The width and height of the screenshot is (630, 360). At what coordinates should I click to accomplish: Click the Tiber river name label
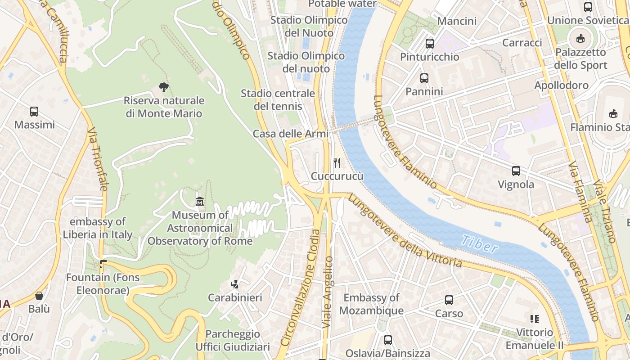click(x=480, y=243)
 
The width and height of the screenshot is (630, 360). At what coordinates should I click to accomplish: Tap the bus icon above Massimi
click(x=34, y=112)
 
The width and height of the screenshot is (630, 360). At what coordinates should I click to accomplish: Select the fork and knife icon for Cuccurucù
click(x=337, y=162)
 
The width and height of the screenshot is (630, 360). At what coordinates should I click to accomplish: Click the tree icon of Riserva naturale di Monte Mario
click(x=164, y=87)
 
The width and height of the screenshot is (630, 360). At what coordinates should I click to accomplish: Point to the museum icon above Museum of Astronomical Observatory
click(x=200, y=202)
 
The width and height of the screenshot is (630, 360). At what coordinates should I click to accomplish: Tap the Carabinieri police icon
click(x=234, y=284)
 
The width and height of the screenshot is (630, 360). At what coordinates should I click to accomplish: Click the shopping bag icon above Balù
click(x=39, y=296)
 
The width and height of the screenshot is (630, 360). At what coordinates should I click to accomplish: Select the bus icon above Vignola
click(x=516, y=171)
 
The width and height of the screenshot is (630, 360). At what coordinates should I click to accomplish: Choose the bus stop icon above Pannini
click(x=424, y=78)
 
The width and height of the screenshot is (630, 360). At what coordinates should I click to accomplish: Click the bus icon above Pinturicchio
click(x=430, y=44)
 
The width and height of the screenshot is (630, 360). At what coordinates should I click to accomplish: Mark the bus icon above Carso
click(x=449, y=300)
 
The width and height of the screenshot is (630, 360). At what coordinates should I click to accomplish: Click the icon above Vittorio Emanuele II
click(x=534, y=319)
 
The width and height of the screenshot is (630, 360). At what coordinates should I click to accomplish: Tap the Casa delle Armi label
click(x=290, y=134)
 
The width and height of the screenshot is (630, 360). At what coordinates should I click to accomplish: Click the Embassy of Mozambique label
click(x=371, y=304)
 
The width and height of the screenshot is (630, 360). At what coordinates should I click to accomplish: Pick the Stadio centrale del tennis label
click(x=278, y=100)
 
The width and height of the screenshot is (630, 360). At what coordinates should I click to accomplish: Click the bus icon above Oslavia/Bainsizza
click(x=387, y=340)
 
